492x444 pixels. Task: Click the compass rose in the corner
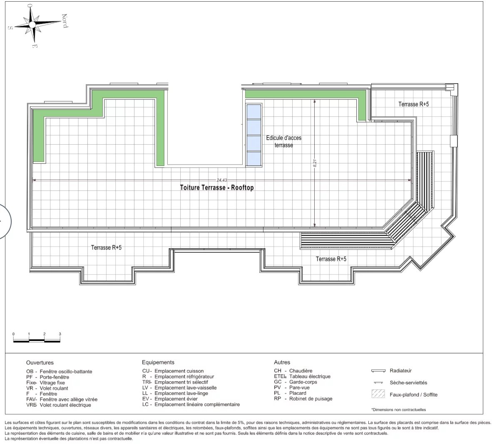pyautogui.click(x=32, y=25)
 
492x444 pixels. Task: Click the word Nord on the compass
pyautogui.click(x=65, y=21)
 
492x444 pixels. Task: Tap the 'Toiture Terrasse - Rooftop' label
pyautogui.click(x=217, y=187)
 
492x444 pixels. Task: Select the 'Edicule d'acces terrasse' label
pyautogui.click(x=283, y=141)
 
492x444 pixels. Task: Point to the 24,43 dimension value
pyautogui.click(x=221, y=180)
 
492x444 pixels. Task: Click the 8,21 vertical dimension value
pyautogui.click(x=315, y=163)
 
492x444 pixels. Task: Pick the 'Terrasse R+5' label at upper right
pyautogui.click(x=414, y=104)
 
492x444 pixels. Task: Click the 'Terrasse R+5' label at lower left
pyautogui.click(x=106, y=247)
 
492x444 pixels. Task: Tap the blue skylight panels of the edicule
pyautogui.click(x=254, y=135)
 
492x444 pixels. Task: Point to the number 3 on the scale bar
pyautogui.click(x=60, y=334)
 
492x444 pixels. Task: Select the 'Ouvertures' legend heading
pyautogui.click(x=40, y=363)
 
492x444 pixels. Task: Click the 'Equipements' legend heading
pyautogui.click(x=158, y=362)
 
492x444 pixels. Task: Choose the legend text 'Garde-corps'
pyautogui.click(x=303, y=382)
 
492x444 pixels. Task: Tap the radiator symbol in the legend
pyautogui.click(x=378, y=371)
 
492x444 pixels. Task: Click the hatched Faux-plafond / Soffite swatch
pyautogui.click(x=378, y=394)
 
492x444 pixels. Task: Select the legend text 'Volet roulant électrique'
pyautogui.click(x=65, y=405)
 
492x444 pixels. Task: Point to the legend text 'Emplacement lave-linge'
pyautogui.click(x=181, y=393)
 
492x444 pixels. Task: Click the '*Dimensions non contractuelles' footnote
pyautogui.click(x=398, y=409)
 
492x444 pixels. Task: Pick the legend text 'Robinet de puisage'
pyautogui.click(x=311, y=399)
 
